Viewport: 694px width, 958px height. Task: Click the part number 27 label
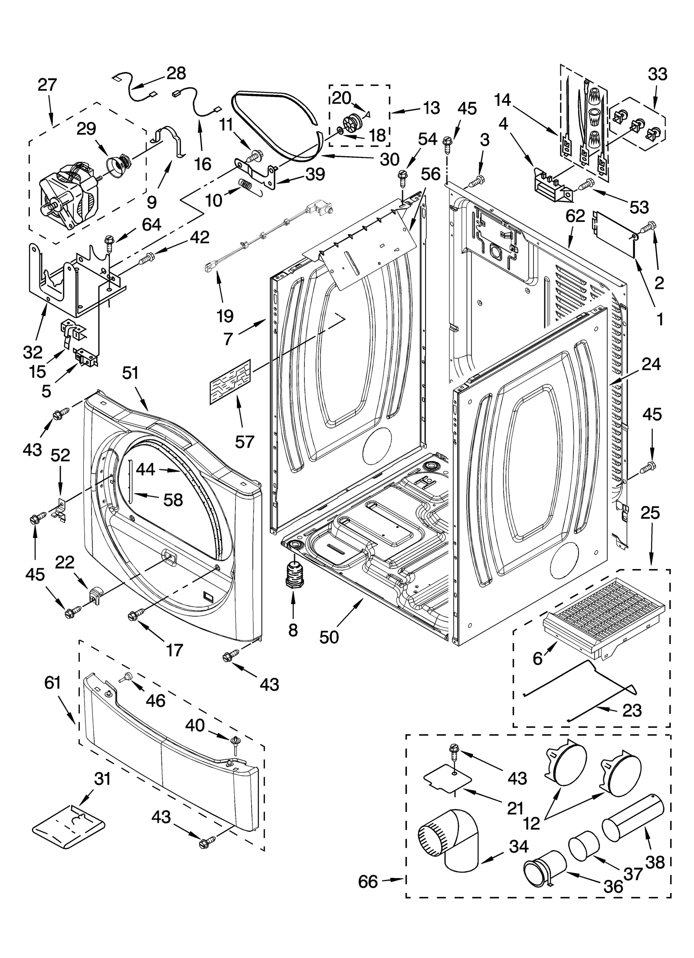pos(47,85)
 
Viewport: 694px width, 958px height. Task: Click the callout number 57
pos(244,441)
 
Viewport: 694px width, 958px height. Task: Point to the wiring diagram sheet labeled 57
pos(230,382)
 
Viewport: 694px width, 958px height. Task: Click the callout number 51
pos(130,373)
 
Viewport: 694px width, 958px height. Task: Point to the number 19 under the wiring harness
pos(225,316)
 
